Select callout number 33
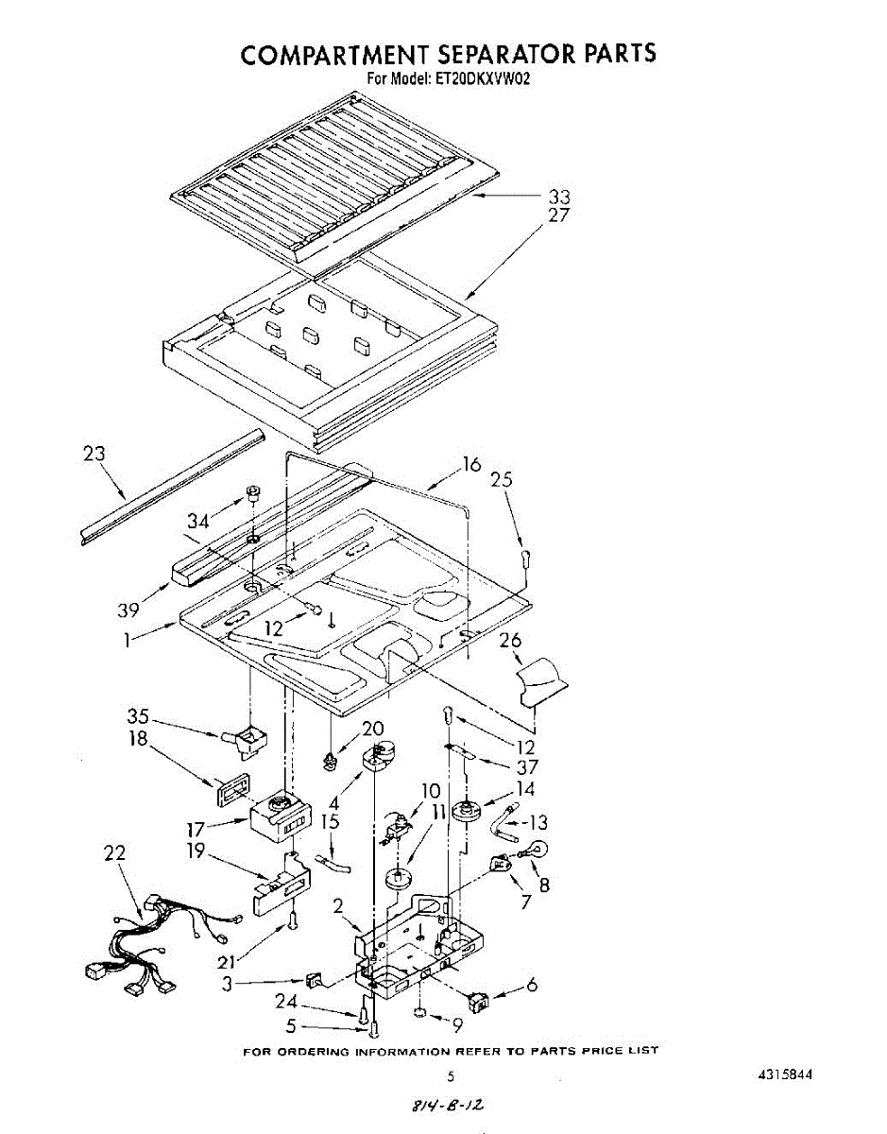tap(560, 197)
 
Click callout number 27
tap(560, 215)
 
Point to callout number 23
tap(94, 454)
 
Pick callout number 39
tap(128, 610)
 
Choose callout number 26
tap(511, 641)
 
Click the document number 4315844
tap(784, 1075)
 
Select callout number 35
tap(139, 715)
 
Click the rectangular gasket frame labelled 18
tap(230, 784)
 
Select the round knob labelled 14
tap(466, 810)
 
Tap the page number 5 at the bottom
tap(451, 1075)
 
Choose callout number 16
tap(471, 464)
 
